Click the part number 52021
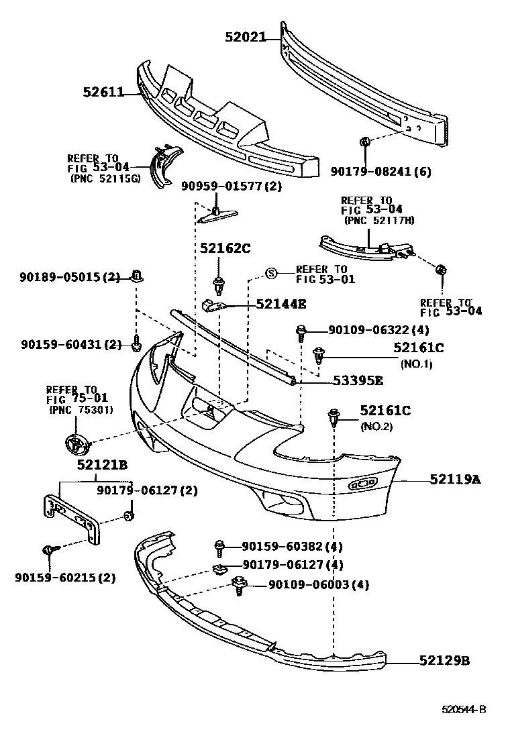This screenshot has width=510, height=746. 245,38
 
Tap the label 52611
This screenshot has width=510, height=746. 103,92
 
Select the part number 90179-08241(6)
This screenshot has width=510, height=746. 380,172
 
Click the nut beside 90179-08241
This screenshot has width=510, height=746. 365,142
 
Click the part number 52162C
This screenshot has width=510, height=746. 225,248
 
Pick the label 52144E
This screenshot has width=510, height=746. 280,304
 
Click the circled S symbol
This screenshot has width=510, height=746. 271,273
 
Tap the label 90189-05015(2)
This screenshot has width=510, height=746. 70,276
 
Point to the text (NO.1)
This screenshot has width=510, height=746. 416,364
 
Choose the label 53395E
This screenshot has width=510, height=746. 358,380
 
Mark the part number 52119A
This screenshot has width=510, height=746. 454,480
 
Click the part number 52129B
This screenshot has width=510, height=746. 444,661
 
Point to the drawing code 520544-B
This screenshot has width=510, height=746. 463,710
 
